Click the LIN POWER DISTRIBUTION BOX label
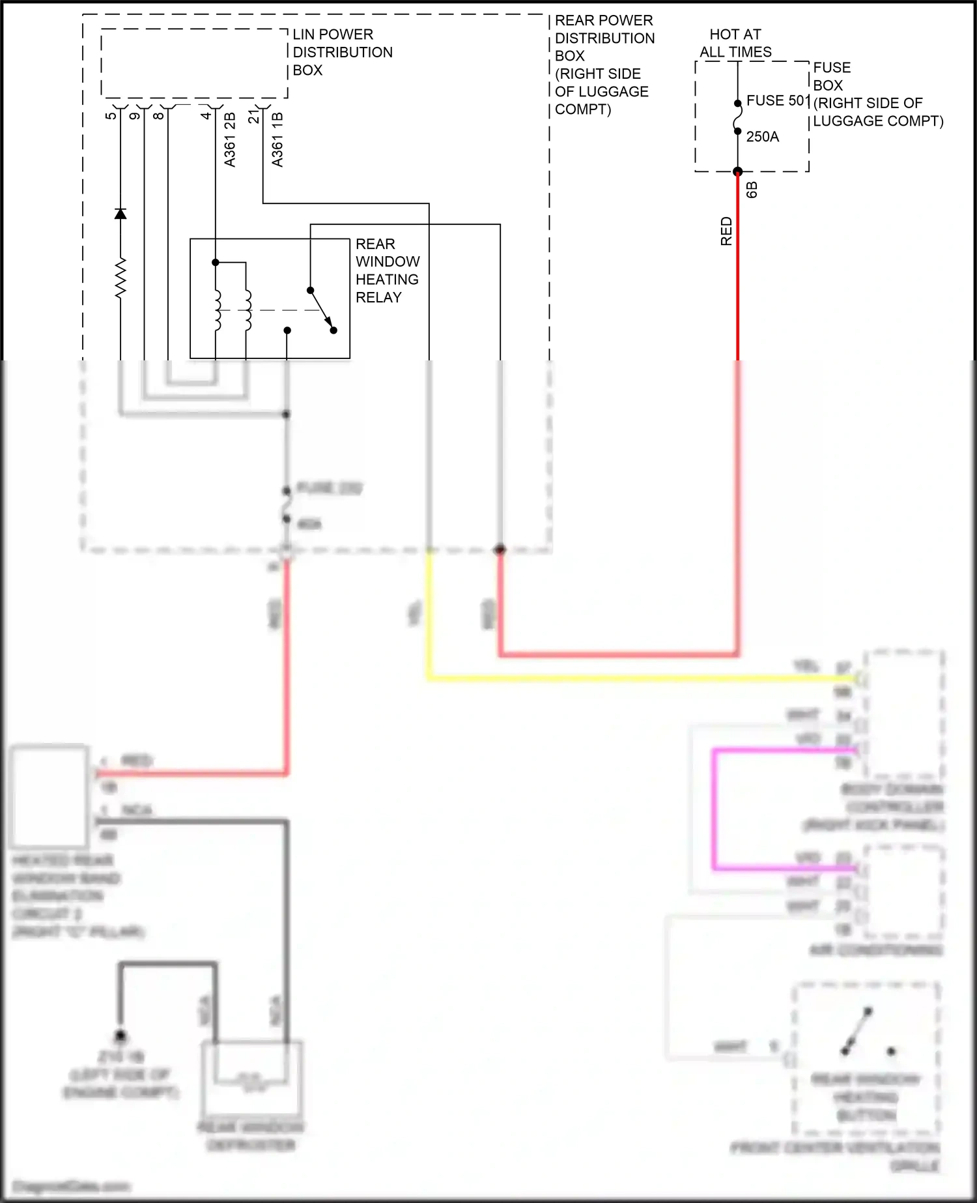pos(342,52)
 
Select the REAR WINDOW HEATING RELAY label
pos(387,270)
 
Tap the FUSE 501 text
pos(777,100)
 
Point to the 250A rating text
pos(762,137)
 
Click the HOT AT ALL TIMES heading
pos(735,43)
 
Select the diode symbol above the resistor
pos(120,214)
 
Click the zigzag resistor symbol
pos(120,278)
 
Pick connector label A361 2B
pos(230,139)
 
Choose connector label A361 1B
pos(277,139)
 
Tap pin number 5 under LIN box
pos(111,116)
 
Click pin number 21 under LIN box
pos(253,117)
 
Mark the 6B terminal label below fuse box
pos(752,190)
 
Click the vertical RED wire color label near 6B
pos(726,231)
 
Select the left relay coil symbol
pos(217,310)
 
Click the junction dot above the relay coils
pos(216,263)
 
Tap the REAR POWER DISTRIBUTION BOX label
pos(603,65)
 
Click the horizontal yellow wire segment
pos(619,678)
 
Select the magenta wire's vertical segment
pos(715,808)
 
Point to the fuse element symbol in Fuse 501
pos(737,118)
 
